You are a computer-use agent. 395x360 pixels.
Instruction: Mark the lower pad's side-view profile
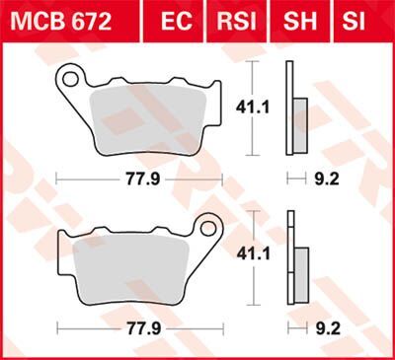(x=296, y=266)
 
